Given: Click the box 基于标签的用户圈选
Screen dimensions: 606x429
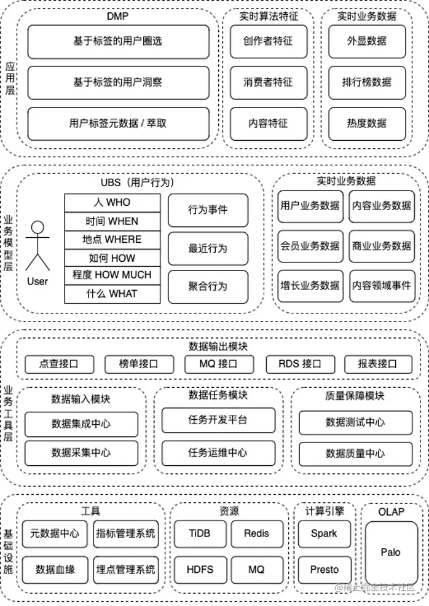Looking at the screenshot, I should pos(119,41).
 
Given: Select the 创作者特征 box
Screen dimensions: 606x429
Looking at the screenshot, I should pos(268,41).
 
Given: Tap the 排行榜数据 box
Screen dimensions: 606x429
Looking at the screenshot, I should pos(367,82).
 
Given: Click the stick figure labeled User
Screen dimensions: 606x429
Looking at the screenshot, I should pos(38,246).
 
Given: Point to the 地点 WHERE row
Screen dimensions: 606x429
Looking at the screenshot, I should pos(112,240).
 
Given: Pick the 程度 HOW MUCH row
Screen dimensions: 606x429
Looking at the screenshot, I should pos(112,275).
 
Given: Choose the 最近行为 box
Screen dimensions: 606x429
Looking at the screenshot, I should pos(208,248).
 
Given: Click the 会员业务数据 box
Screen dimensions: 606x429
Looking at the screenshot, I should pos(310,246).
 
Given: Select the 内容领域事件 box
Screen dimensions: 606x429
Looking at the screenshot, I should pos(382,286).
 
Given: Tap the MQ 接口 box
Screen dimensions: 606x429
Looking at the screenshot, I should pos(219,364).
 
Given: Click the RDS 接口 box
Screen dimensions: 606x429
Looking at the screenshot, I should pos(299,364).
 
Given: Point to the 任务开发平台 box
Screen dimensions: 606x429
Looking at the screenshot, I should pos(218,420).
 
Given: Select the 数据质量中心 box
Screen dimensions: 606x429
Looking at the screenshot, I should pos(355,454).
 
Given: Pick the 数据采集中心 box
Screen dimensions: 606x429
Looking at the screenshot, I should pos(82,453).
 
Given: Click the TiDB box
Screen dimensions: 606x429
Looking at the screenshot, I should pos(200,533).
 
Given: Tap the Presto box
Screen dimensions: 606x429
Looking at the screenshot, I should pos(324,570).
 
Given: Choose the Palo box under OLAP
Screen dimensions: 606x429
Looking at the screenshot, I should pos(390,552).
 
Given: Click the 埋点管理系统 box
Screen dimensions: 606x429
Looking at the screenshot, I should pos(125,570).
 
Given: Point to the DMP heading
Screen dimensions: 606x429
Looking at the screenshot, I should pos(117,16).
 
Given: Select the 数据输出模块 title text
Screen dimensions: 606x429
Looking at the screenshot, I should pos(218,346).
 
